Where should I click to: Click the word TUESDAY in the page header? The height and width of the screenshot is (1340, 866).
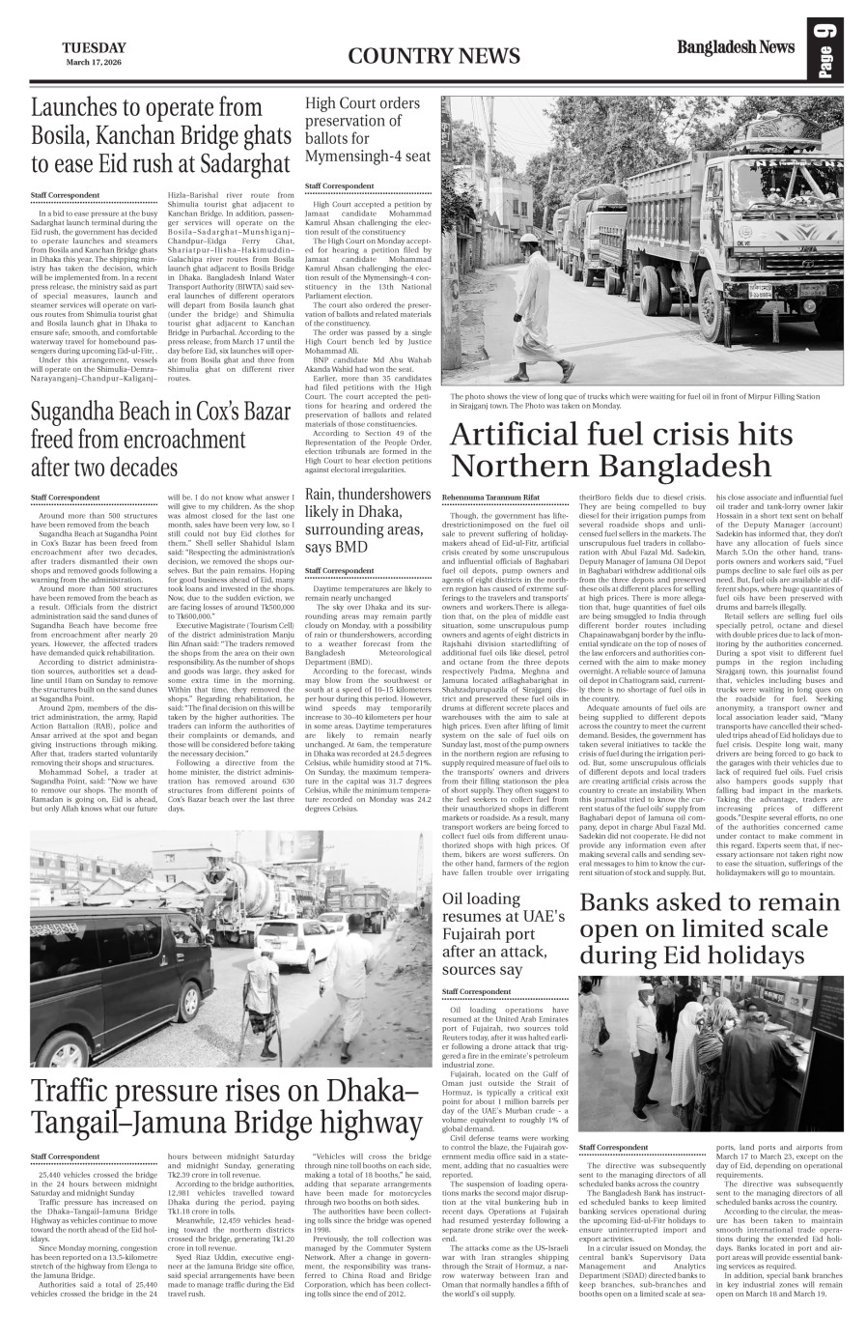(x=94, y=47)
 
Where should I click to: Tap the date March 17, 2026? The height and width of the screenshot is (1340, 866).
(x=94, y=63)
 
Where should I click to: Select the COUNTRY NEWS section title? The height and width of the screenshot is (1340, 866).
(x=414, y=56)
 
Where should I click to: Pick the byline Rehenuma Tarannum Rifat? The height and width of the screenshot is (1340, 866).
(x=490, y=496)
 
